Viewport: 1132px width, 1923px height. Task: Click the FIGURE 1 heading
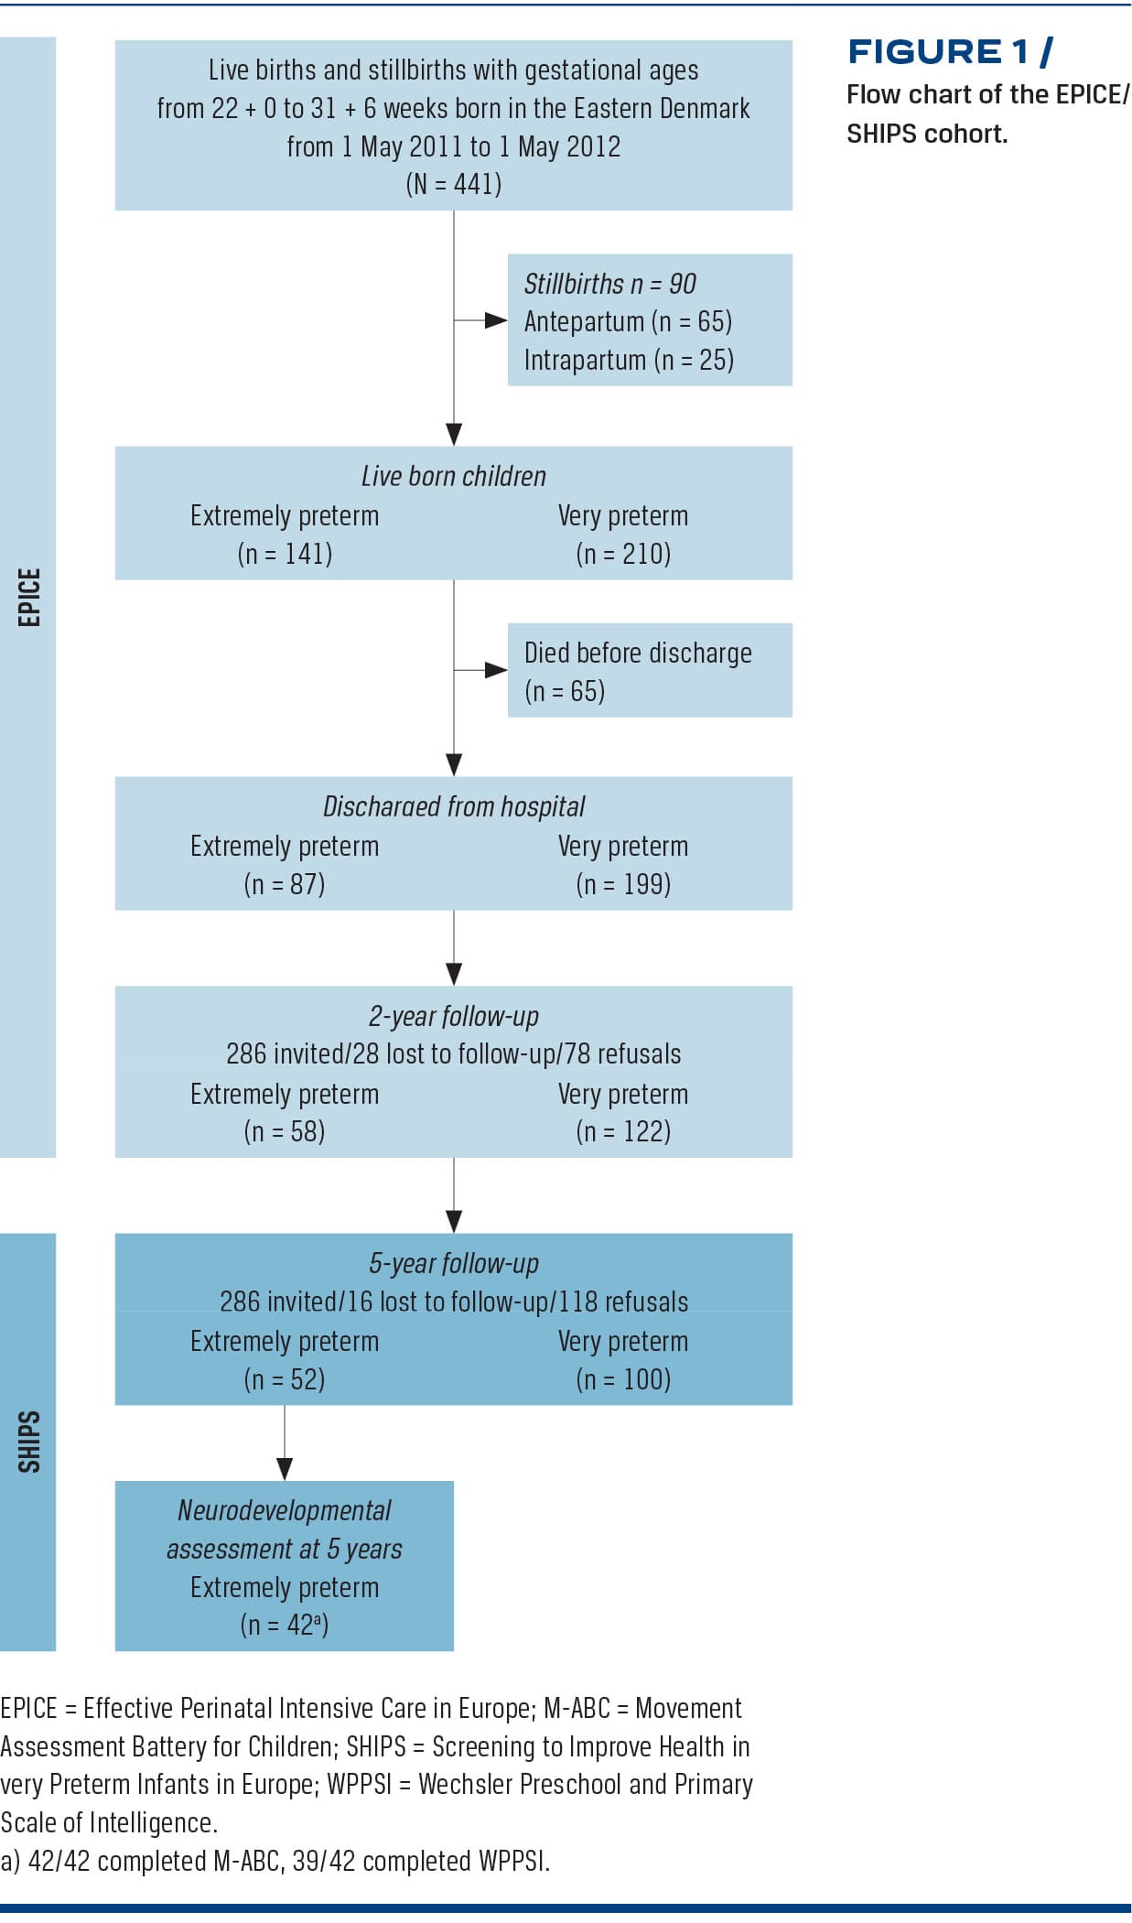pyautogui.click(x=949, y=52)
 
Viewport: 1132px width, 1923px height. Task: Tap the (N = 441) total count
pyautogui.click(x=453, y=184)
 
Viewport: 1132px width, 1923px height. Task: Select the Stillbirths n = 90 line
pyautogui.click(x=609, y=284)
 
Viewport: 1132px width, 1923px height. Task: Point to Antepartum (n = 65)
pyautogui.click(x=628, y=321)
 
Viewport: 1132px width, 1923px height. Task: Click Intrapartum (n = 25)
pyautogui.click(x=629, y=360)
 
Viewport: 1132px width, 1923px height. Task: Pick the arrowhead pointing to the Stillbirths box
pyautogui.click(x=496, y=320)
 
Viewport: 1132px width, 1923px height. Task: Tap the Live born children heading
pyautogui.click(x=453, y=476)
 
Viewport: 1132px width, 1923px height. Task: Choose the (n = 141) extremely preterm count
pyautogui.click(x=285, y=554)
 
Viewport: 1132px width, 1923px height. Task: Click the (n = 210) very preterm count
pyautogui.click(x=623, y=554)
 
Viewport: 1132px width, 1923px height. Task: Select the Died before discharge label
pyautogui.click(x=638, y=653)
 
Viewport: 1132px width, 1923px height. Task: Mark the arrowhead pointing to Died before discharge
pyautogui.click(x=496, y=670)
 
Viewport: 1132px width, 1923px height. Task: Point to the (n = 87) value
pyautogui.click(x=285, y=884)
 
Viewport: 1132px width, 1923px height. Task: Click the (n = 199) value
pyautogui.click(x=623, y=884)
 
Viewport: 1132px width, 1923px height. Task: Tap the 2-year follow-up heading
pyautogui.click(x=453, y=1016)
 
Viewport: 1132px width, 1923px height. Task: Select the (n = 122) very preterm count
pyautogui.click(x=623, y=1132)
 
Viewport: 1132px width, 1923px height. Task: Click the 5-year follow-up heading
pyautogui.click(x=453, y=1263)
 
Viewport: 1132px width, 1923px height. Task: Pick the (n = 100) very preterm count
pyautogui.click(x=623, y=1379)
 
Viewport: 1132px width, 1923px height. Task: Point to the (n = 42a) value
pyautogui.click(x=285, y=1625)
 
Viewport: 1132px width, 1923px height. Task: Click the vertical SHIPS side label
pyautogui.click(x=29, y=1442)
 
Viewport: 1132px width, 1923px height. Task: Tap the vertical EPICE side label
pyautogui.click(x=29, y=597)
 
